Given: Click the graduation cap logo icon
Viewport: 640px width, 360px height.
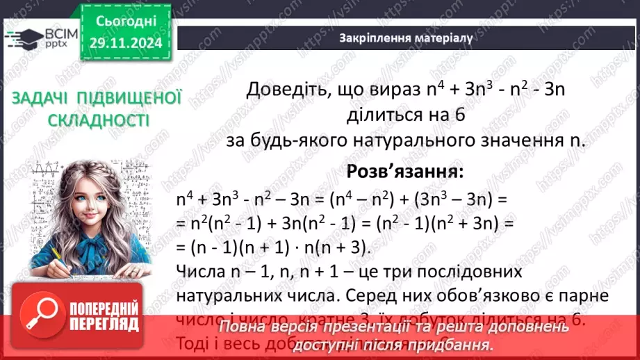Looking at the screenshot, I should (20, 38).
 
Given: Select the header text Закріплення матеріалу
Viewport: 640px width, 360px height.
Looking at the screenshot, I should (406, 38).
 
